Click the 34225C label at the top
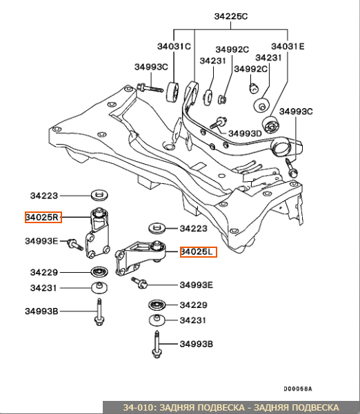231,17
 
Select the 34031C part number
174,46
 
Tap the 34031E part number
288,46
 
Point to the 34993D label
245,134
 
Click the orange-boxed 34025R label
43,217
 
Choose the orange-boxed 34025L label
198,252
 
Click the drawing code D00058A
298,389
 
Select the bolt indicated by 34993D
219,123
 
